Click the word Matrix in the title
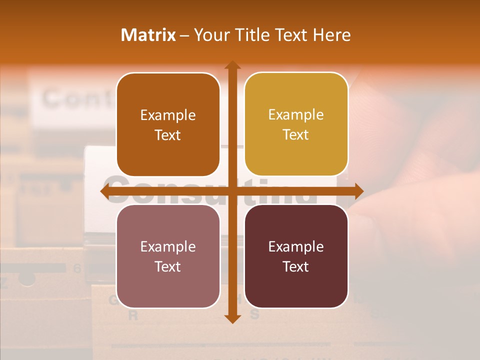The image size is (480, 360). pos(148,35)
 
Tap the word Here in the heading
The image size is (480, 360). pos(331,35)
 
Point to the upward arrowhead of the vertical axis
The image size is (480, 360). pos(232,65)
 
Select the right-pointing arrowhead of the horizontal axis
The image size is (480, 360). pos(358,191)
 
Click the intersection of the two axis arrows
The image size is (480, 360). pos(232,191)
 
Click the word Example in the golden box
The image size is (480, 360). pos(296,115)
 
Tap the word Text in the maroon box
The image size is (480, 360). pos(296,266)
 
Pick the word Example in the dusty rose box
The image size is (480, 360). pos(168,246)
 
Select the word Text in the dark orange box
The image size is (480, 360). pos(168,135)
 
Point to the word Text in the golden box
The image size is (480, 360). pos(296,135)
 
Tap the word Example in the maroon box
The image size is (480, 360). pos(296,246)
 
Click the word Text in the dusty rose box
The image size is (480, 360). pos(168,266)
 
